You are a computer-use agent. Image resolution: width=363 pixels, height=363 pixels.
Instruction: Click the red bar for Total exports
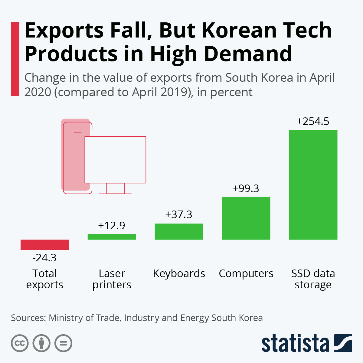pyautogui.click(x=45, y=245)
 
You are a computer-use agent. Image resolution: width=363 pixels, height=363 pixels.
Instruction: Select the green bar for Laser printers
pyautogui.click(x=112, y=237)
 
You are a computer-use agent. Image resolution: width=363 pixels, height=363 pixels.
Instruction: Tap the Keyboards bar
pyautogui.click(x=179, y=232)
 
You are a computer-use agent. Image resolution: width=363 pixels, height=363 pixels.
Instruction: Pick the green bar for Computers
pyautogui.click(x=246, y=218)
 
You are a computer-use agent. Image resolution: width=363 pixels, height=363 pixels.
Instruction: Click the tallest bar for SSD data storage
pyautogui.click(x=313, y=185)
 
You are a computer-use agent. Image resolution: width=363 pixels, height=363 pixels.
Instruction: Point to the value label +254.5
pyautogui.click(x=313, y=121)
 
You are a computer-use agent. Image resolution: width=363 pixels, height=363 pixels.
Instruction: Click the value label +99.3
pyautogui.click(x=246, y=188)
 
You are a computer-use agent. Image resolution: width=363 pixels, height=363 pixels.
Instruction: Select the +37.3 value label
pyautogui.click(x=178, y=214)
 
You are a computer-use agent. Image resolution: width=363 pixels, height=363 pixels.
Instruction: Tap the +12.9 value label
pyautogui.click(x=111, y=226)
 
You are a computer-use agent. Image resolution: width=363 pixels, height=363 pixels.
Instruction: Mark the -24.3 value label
pyautogui.click(x=44, y=258)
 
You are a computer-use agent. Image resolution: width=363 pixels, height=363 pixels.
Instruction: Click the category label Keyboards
pyautogui.click(x=179, y=273)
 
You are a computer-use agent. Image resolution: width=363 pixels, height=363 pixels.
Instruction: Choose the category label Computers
pyautogui.click(x=246, y=273)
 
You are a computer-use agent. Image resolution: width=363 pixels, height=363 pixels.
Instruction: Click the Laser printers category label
pyautogui.click(x=112, y=279)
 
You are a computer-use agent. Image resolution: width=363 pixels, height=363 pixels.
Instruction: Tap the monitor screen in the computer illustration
pyautogui.click(x=115, y=159)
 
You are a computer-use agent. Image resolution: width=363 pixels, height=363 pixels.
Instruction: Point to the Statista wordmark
pyautogui.click(x=295, y=344)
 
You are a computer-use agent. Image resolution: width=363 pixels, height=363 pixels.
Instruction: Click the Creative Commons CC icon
pyautogui.click(x=20, y=343)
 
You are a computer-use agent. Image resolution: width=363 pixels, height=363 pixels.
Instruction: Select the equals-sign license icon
pyautogui.click(x=64, y=343)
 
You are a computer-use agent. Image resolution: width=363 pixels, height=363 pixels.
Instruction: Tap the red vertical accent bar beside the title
pyautogui.click(x=15, y=59)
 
